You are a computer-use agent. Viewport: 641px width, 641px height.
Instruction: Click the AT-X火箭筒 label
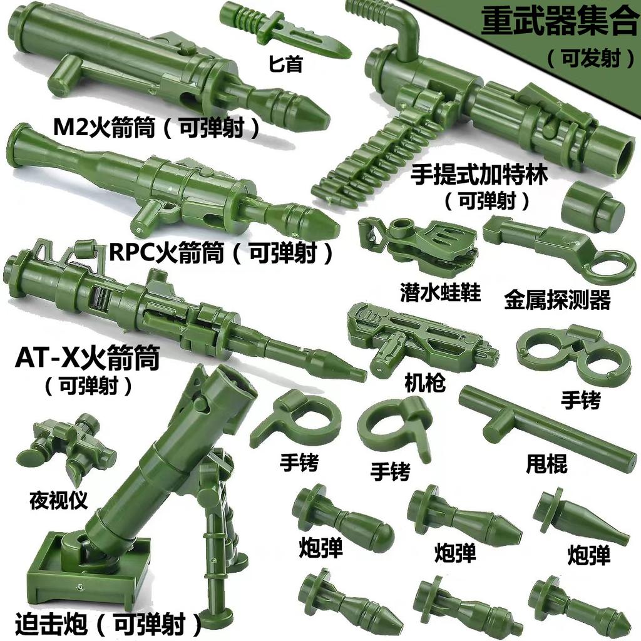coord(88,359)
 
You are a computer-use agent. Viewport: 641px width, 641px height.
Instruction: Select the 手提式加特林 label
coord(479,175)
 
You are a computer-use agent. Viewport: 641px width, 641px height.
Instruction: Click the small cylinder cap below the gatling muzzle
coord(592,208)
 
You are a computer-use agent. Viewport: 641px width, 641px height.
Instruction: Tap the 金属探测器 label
coord(556,300)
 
